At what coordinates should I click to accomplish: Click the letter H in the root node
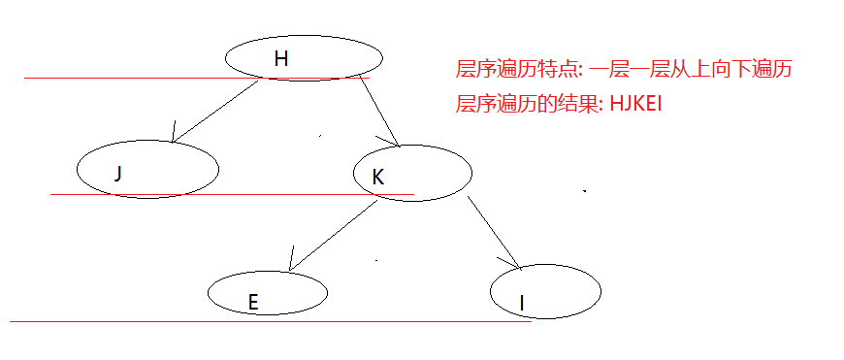click(x=281, y=59)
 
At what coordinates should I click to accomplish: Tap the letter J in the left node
click(x=117, y=174)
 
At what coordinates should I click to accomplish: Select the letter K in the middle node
click(x=378, y=177)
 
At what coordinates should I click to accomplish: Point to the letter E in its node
click(x=252, y=302)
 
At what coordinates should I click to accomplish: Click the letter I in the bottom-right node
click(x=522, y=304)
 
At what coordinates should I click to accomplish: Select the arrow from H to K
click(x=378, y=110)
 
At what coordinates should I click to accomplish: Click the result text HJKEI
click(x=635, y=104)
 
